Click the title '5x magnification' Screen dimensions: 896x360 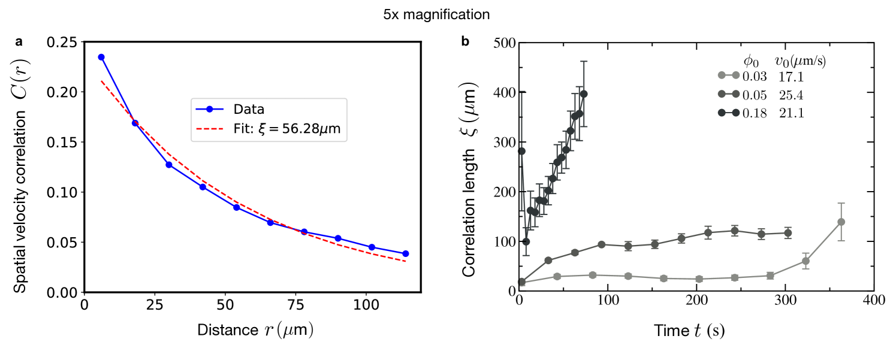click(436, 14)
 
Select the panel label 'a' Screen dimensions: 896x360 click(19, 41)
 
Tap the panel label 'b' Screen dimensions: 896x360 click(465, 41)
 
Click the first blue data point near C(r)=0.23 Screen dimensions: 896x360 click(101, 57)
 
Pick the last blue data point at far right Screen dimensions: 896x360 click(406, 253)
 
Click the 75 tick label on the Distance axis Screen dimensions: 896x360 click(295, 305)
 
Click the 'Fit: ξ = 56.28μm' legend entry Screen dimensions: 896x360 click(268, 129)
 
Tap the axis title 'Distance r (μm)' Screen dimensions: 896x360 click(255, 330)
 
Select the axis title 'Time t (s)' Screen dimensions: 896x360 click(689, 331)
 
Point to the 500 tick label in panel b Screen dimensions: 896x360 click(505, 43)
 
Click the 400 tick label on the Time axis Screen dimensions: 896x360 click(874, 300)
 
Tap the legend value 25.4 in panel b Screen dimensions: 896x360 click(791, 95)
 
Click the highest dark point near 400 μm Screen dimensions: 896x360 click(584, 94)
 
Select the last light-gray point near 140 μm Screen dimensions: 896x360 click(841, 222)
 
